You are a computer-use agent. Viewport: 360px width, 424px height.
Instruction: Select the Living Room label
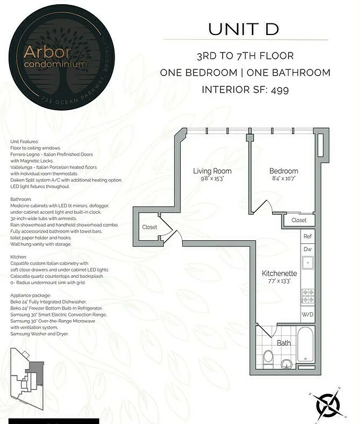tap(212, 171)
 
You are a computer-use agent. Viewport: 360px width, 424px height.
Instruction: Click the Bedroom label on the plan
tap(284, 171)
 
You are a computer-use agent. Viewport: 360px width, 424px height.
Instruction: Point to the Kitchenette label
tap(279, 273)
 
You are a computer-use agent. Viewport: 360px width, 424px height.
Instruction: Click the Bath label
tap(284, 343)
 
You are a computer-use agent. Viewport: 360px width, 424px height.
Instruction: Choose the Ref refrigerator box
tap(308, 236)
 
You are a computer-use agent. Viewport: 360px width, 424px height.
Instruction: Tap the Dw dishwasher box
tap(308, 249)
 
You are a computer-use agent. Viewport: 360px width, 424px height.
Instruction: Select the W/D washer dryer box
tap(308, 314)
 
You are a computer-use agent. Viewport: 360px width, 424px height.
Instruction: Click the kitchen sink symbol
tap(308, 262)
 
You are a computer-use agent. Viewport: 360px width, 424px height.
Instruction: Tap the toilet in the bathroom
tap(268, 357)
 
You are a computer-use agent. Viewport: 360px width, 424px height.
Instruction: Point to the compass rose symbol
tap(328, 405)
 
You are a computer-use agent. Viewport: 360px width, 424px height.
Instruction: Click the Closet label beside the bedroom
tap(298, 220)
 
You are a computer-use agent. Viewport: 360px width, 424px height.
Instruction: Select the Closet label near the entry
tap(150, 227)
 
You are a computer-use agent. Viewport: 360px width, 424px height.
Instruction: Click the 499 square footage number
tap(279, 90)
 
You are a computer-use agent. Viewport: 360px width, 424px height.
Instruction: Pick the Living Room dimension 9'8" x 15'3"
tap(212, 179)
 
